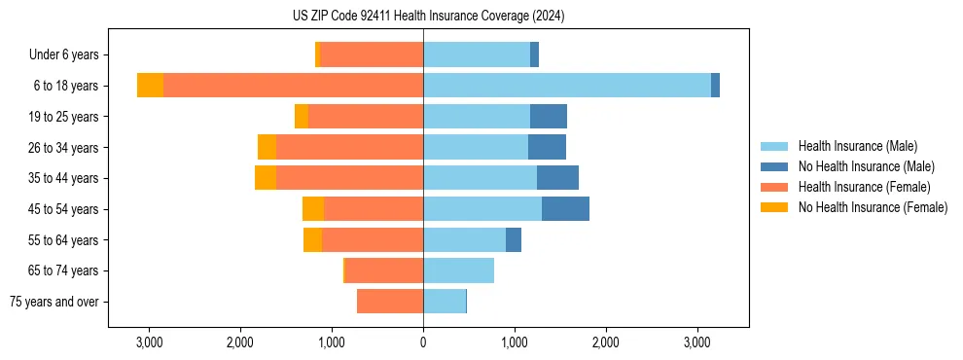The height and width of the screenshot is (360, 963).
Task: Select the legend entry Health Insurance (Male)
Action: click(857, 146)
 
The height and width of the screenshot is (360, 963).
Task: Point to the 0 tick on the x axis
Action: click(423, 342)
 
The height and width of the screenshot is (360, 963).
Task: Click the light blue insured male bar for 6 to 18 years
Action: click(567, 86)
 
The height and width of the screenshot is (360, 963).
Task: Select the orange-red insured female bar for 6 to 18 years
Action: click(293, 86)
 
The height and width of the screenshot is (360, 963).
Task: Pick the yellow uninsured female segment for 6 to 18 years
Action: click(150, 86)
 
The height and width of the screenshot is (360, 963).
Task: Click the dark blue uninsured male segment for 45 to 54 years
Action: click(565, 209)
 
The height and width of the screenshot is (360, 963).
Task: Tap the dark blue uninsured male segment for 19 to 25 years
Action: click(549, 117)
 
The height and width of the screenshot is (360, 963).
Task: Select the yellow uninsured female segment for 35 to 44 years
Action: click(266, 178)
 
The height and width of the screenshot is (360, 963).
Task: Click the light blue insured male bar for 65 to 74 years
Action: click(458, 270)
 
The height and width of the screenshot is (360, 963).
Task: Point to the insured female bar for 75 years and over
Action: click(390, 302)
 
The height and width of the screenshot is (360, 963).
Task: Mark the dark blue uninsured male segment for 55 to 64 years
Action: click(514, 239)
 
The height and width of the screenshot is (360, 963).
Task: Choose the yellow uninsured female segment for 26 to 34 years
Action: click(267, 147)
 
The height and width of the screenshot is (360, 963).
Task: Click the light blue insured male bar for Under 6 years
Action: click(477, 55)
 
